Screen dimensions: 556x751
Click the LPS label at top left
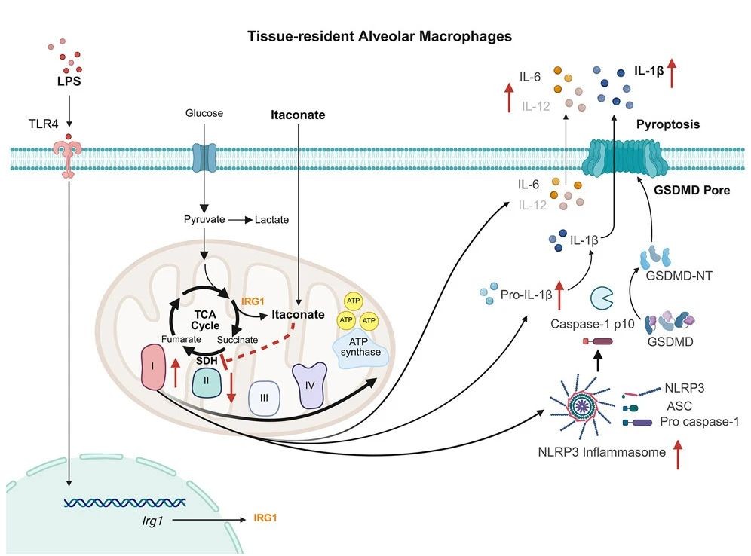(x=69, y=80)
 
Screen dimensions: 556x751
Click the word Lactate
(x=271, y=220)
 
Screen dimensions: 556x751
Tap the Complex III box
(x=263, y=397)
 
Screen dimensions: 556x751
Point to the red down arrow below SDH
(x=231, y=385)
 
